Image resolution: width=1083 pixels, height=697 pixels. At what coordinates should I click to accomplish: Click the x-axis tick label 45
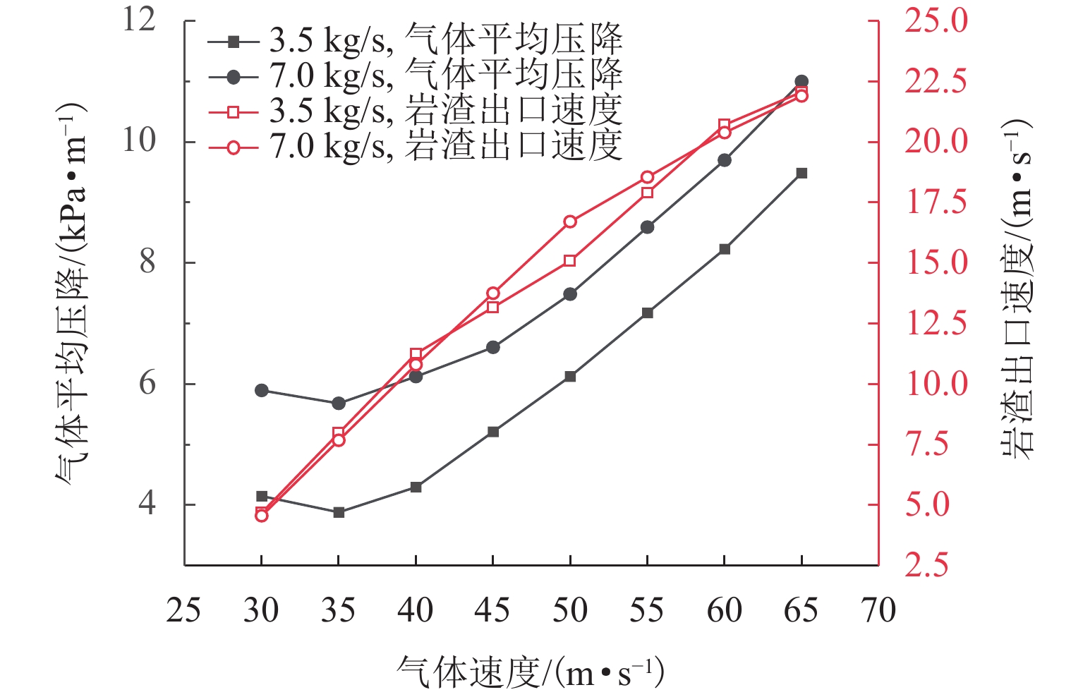click(x=492, y=611)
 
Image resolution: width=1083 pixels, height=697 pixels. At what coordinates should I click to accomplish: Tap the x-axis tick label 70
click(x=878, y=611)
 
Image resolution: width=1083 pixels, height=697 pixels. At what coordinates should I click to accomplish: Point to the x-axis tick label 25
click(x=183, y=611)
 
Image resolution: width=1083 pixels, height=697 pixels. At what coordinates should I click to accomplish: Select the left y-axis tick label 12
click(x=139, y=20)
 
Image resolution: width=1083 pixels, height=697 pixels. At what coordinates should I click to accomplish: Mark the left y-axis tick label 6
click(x=147, y=384)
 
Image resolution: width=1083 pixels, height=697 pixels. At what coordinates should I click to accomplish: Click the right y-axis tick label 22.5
click(x=936, y=81)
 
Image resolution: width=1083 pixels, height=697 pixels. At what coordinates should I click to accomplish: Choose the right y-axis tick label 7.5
click(x=928, y=444)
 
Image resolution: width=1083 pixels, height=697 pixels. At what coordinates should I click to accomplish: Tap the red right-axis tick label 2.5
click(x=928, y=566)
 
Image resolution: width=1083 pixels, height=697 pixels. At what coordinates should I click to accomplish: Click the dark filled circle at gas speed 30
click(x=262, y=390)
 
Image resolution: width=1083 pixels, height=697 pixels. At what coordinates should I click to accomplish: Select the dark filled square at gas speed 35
click(x=339, y=512)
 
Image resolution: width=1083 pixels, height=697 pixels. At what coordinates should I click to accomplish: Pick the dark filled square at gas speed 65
click(x=801, y=173)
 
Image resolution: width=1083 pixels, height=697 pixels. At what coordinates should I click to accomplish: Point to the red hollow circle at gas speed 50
click(x=570, y=222)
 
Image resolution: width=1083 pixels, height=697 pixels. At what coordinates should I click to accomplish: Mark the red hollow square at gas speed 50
click(x=570, y=261)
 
